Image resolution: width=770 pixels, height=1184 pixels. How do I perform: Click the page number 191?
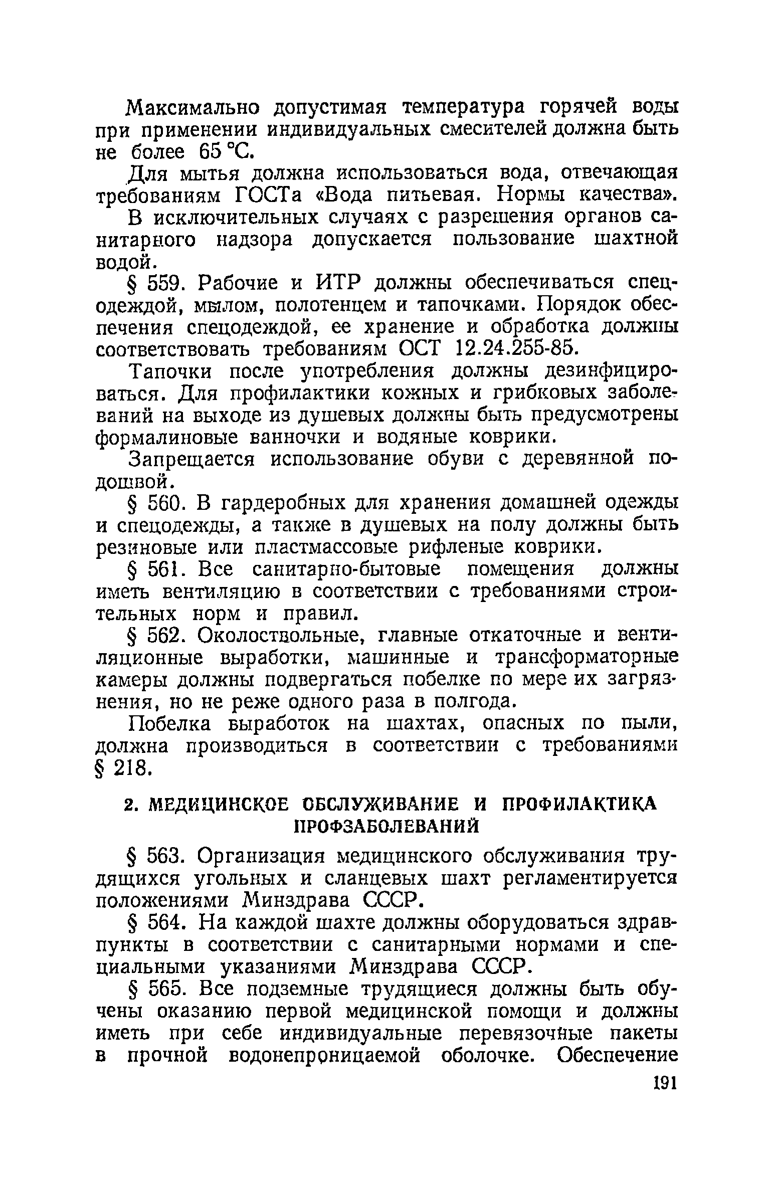pos(665,1083)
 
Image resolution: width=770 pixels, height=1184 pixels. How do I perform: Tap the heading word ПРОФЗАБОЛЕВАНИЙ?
pos(386,826)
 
